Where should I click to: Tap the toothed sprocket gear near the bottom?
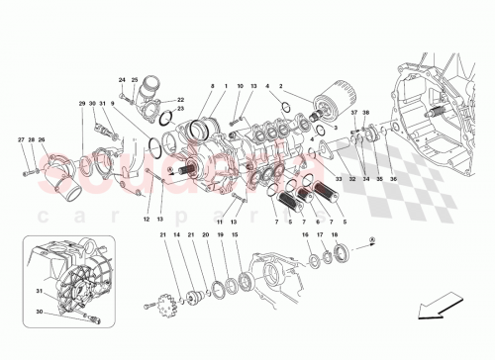[163, 298]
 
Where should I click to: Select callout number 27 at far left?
[21, 140]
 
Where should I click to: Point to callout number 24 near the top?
[122, 80]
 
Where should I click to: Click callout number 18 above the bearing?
[335, 235]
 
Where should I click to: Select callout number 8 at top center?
[211, 87]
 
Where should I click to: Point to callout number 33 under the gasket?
[337, 179]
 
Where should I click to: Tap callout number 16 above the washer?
[307, 235]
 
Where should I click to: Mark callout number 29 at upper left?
[82, 104]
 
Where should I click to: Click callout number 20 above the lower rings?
[205, 235]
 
